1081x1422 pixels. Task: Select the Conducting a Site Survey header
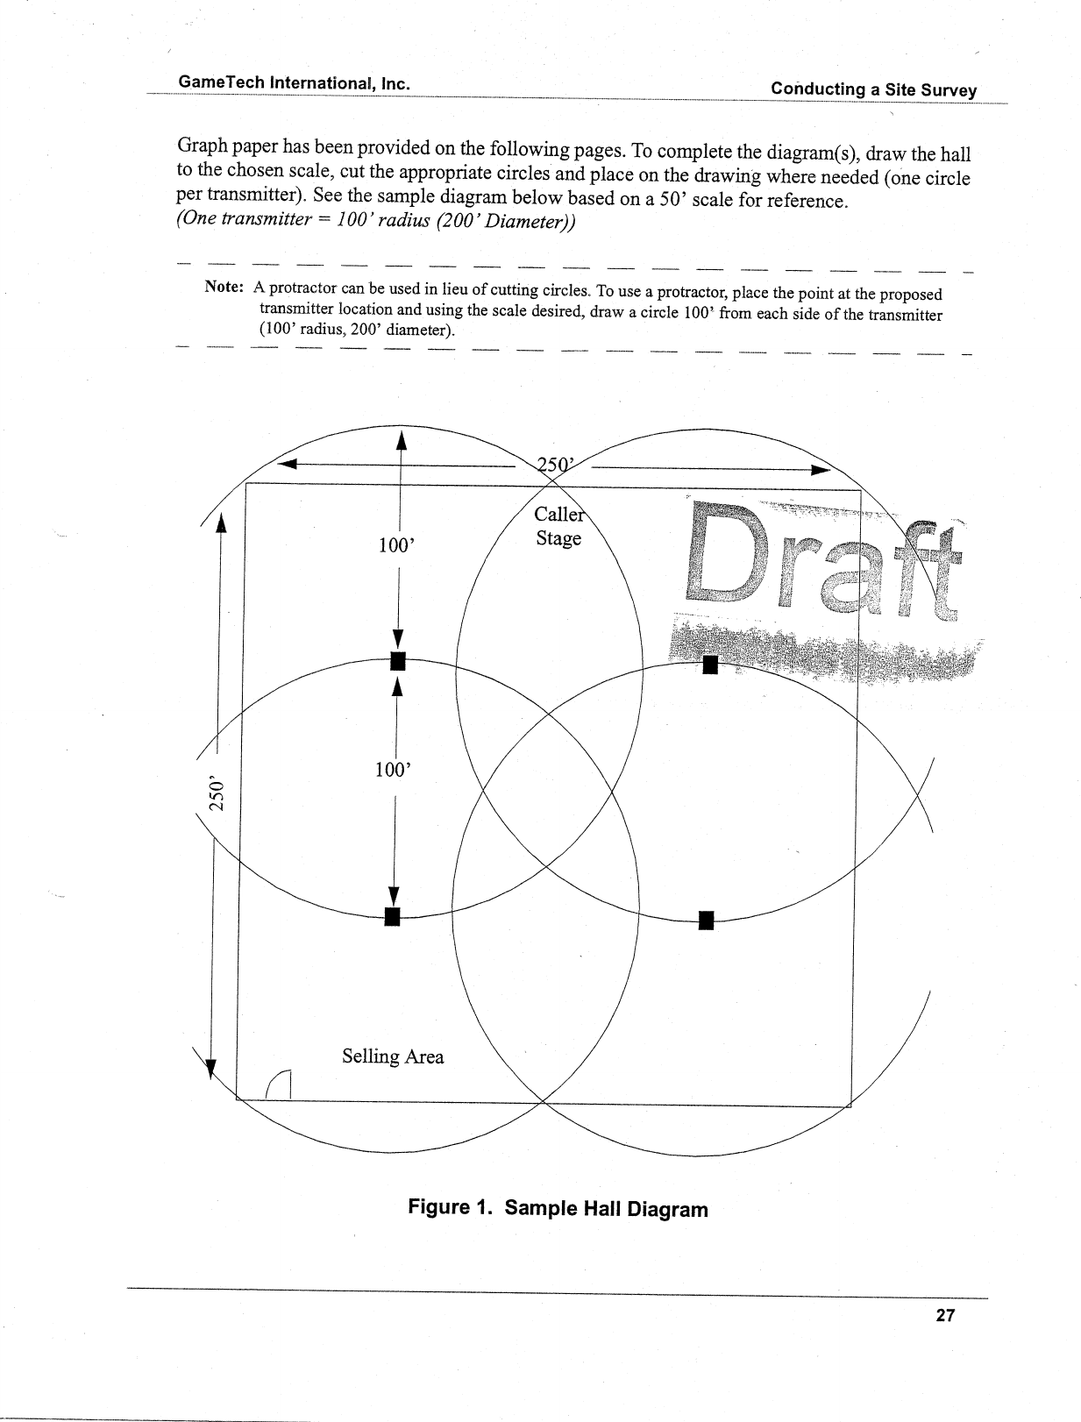coord(873,89)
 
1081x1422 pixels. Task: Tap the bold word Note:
coord(223,287)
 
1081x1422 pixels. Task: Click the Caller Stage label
coord(558,526)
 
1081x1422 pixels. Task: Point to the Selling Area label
coord(393,1056)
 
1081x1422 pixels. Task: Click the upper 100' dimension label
coord(395,545)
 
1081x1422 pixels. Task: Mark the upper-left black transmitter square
coord(398,660)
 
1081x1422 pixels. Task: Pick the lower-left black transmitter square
coord(393,917)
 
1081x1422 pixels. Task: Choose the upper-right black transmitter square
coord(710,665)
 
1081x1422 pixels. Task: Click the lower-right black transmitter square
coord(707,920)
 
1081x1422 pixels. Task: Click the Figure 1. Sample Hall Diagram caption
coord(558,1209)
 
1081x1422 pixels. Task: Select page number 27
coord(945,1315)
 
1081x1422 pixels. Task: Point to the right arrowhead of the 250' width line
coord(821,471)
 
